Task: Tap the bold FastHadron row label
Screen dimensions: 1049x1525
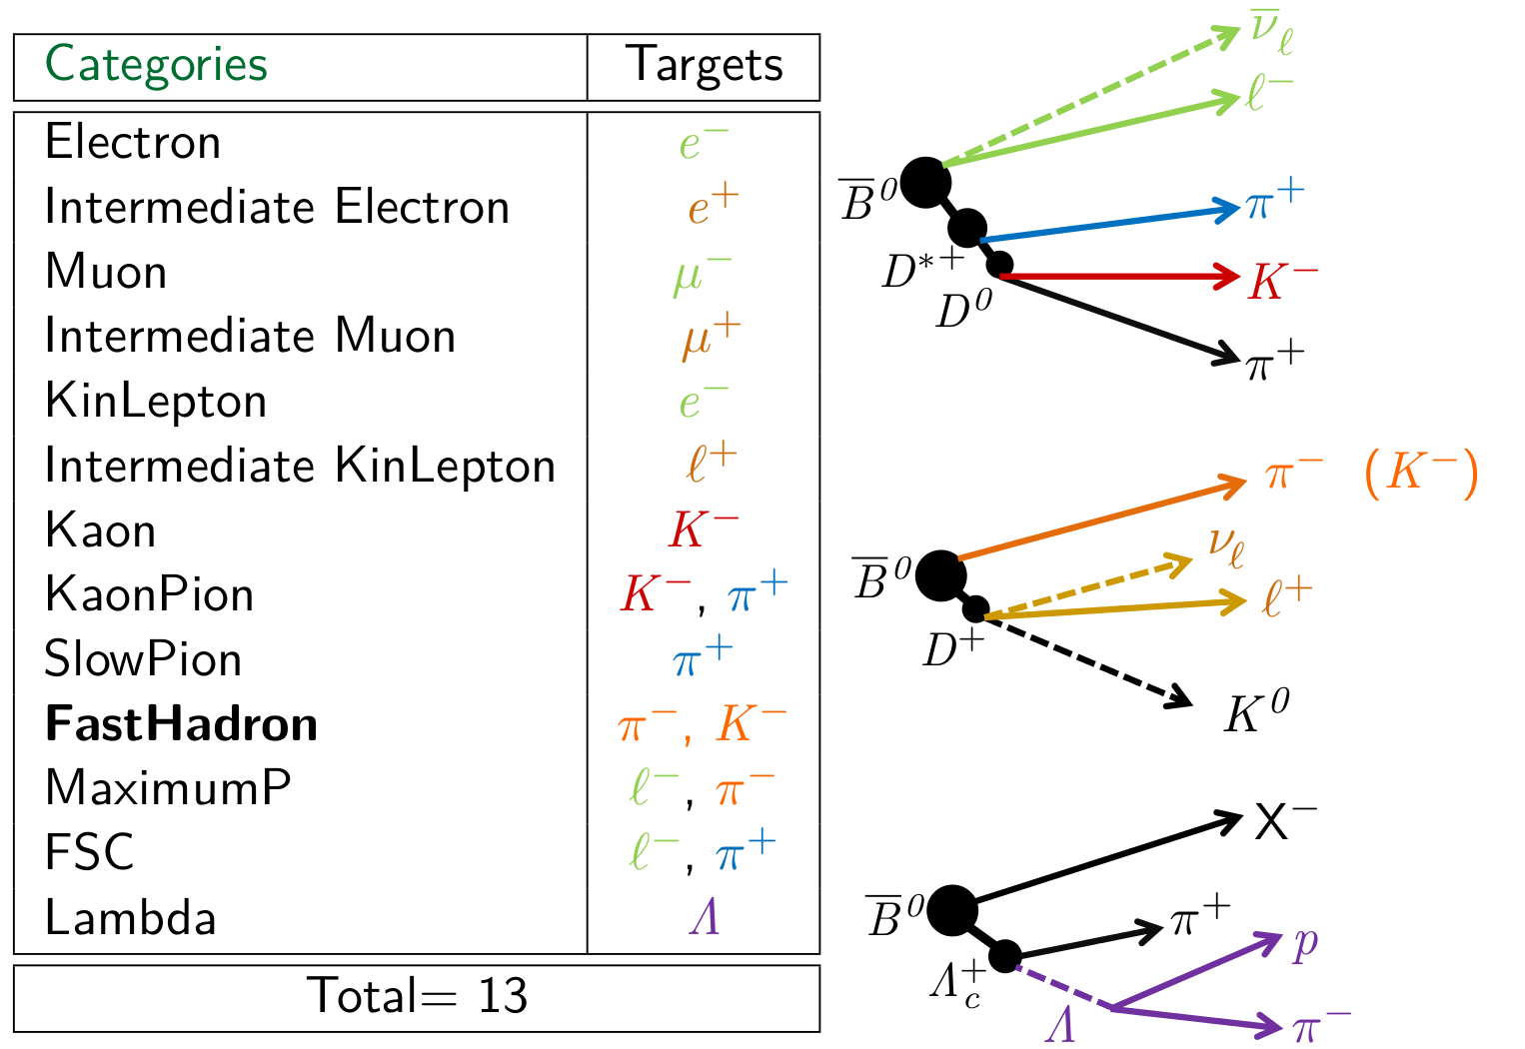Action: click(181, 724)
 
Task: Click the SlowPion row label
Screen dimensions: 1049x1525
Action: click(143, 659)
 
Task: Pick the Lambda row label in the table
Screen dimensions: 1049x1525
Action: click(130, 918)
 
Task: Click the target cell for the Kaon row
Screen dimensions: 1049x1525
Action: click(704, 529)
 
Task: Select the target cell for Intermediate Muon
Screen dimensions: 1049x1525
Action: click(711, 337)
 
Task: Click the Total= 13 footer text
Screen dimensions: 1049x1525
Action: click(417, 996)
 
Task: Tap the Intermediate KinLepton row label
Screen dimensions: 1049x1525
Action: click(300, 467)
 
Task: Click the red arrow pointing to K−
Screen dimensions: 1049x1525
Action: click(1119, 276)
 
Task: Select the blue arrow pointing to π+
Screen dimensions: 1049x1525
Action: click(1109, 224)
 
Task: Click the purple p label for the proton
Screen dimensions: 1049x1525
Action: click(1305, 943)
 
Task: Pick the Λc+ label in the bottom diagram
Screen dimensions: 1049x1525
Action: click(956, 985)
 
